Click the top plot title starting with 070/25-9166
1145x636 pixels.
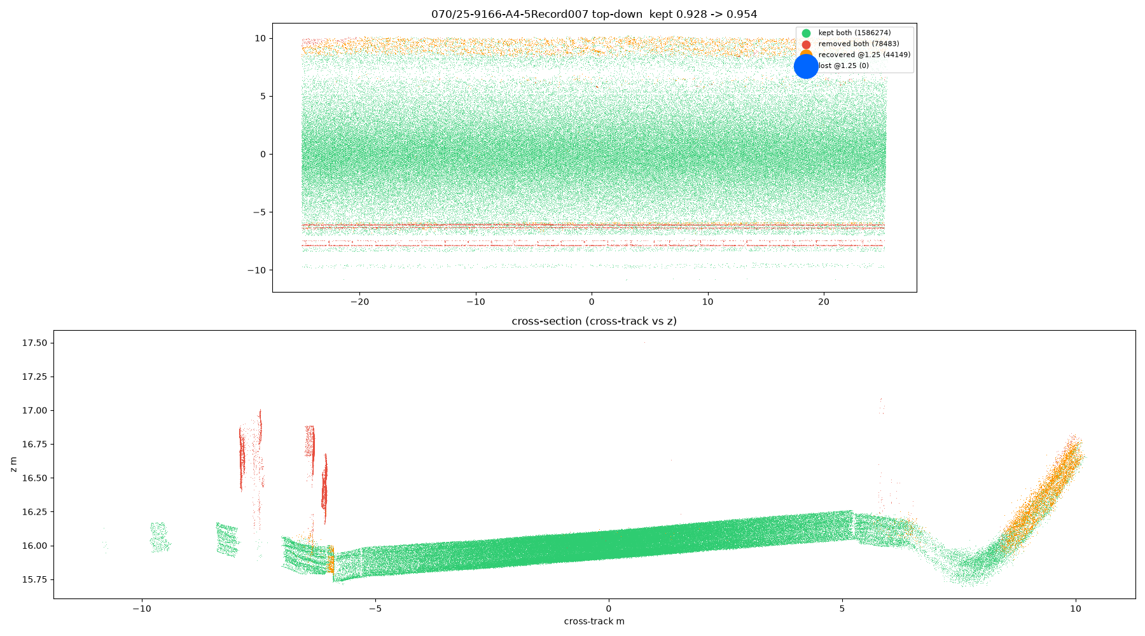coord(594,14)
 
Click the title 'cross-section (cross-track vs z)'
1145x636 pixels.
coord(594,321)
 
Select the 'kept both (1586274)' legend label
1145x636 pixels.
coord(854,33)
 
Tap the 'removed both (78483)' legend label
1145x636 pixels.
coord(859,44)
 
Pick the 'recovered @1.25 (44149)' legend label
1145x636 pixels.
coord(864,55)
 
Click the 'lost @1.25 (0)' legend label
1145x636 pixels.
coord(843,66)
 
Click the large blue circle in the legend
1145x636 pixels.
coord(806,66)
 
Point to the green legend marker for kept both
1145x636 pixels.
coord(806,33)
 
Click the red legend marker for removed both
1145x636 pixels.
coord(806,44)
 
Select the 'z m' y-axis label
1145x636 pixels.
coord(13,464)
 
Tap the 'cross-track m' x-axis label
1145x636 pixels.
coord(594,621)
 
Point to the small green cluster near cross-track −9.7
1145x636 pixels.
coord(159,536)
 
